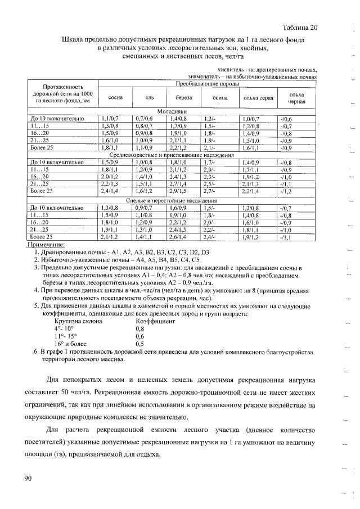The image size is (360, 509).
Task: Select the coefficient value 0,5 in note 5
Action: (x=139, y=343)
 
